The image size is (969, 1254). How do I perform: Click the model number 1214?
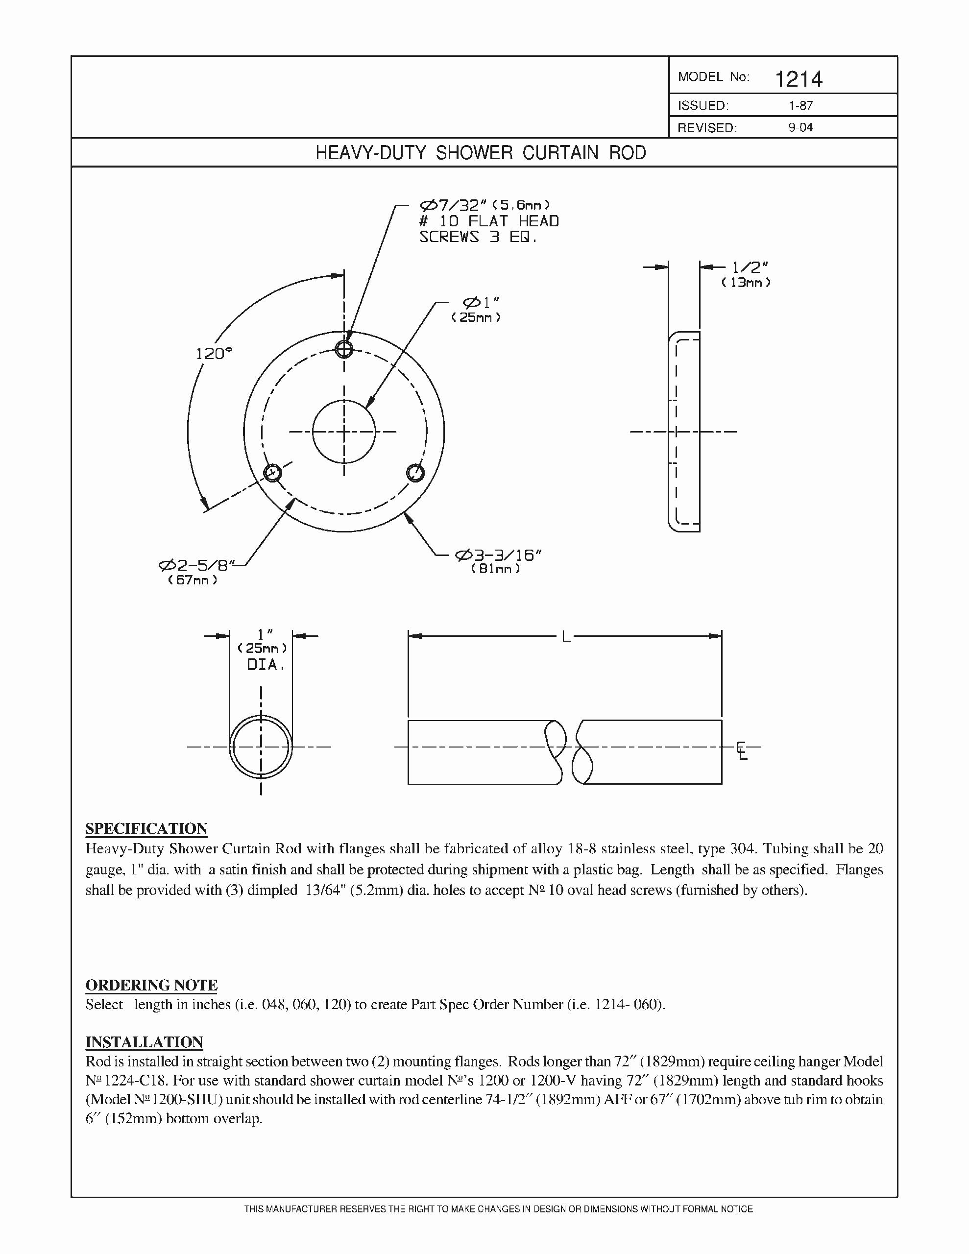point(799,79)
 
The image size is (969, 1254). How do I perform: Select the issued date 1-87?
point(800,106)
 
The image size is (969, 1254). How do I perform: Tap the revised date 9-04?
point(800,127)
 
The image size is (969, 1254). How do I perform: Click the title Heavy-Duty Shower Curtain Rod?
point(481,153)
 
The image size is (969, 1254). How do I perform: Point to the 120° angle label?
point(214,354)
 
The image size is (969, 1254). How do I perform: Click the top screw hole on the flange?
point(344,349)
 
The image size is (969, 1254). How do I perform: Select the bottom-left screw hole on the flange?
point(272,473)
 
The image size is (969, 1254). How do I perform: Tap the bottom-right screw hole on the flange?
point(415,473)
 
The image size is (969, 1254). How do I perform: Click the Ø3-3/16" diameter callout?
point(498,555)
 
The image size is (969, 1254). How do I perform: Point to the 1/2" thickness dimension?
point(750,267)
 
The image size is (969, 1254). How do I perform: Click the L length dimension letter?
point(566,636)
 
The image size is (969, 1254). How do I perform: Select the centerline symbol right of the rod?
point(742,751)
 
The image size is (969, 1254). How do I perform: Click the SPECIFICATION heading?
point(146,828)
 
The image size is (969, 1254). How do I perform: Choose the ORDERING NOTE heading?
point(151,985)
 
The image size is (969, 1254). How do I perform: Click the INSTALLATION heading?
point(144,1042)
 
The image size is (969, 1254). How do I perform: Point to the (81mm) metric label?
point(495,569)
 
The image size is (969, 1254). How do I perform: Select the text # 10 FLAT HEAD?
point(489,221)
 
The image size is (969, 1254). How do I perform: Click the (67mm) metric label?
point(193,580)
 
